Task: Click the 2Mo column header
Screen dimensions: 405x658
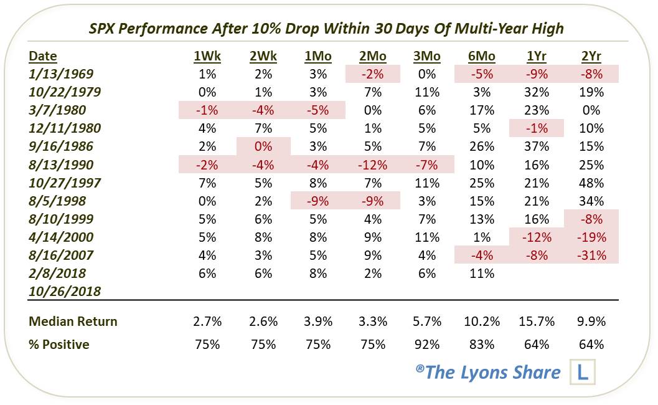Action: (x=373, y=56)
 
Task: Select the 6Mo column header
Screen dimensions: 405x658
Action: (x=482, y=56)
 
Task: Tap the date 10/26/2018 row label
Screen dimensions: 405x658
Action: (x=65, y=291)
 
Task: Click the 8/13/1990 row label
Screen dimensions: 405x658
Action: (x=61, y=164)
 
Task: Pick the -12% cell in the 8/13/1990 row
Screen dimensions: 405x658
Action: (x=373, y=164)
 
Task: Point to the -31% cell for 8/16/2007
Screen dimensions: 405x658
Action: (x=591, y=255)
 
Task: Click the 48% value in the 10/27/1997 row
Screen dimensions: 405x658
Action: (x=591, y=183)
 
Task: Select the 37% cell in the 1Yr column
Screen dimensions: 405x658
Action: (x=537, y=146)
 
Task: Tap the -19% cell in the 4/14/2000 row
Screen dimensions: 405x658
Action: (x=591, y=237)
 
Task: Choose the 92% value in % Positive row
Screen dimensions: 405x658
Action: (x=427, y=344)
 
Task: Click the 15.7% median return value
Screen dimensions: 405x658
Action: (x=537, y=322)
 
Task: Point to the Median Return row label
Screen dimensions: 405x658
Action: (x=73, y=322)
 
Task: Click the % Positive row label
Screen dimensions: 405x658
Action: (x=59, y=344)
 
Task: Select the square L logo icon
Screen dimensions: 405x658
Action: (x=583, y=373)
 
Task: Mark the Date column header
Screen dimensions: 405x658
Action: (x=43, y=56)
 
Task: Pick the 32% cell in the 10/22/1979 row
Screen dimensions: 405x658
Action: (x=537, y=92)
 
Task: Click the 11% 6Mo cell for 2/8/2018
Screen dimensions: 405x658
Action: (x=482, y=273)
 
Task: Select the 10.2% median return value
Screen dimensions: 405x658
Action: (x=482, y=322)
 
